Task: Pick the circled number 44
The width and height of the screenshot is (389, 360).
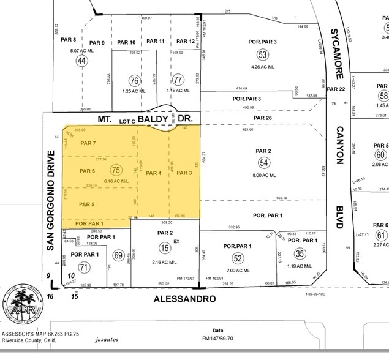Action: pyautogui.click(x=82, y=61)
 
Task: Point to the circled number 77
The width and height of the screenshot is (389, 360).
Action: pyautogui.click(x=178, y=80)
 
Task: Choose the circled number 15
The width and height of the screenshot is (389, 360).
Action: pyautogui.click(x=165, y=247)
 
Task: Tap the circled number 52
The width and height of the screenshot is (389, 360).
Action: pyautogui.click(x=238, y=258)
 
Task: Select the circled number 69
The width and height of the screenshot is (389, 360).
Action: pyautogui.click(x=118, y=255)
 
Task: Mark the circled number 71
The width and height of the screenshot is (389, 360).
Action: pyautogui.click(x=83, y=267)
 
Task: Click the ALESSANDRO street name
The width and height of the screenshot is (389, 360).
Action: pyautogui.click(x=186, y=299)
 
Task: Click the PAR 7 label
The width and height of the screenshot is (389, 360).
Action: pyautogui.click(x=88, y=143)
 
